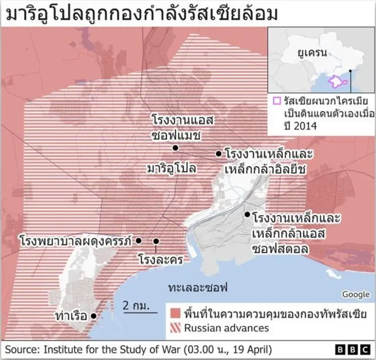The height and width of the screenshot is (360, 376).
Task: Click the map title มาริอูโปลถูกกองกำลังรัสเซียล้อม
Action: point(134,15)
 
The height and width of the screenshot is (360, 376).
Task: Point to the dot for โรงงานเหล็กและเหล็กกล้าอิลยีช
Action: point(219,154)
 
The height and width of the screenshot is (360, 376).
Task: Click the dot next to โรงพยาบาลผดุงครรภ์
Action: point(139,240)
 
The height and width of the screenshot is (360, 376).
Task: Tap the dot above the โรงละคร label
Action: point(156,241)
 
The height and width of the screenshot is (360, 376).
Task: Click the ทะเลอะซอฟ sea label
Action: point(197,288)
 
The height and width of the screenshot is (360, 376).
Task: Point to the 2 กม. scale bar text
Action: point(136,305)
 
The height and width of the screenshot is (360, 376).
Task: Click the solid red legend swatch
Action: point(176,311)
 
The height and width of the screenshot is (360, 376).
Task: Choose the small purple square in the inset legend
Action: point(276,100)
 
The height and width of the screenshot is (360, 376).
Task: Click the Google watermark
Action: point(355,294)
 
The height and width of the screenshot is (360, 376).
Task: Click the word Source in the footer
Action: point(22,349)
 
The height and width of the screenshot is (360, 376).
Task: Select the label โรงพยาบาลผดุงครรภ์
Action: point(76,241)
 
